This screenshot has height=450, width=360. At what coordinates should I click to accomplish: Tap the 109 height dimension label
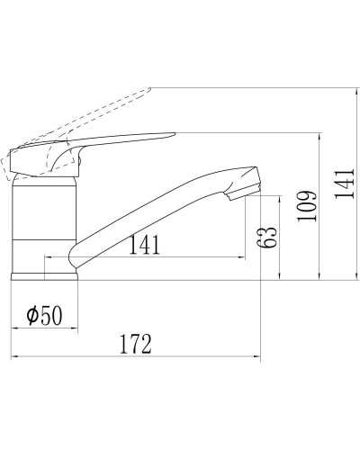[306, 207]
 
